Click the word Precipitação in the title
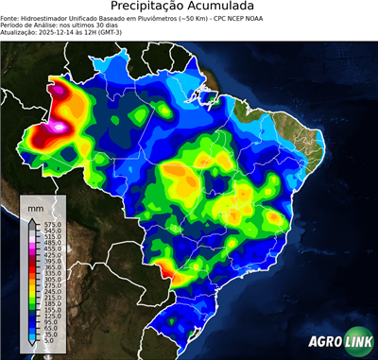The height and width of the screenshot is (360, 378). [x=151, y=8]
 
